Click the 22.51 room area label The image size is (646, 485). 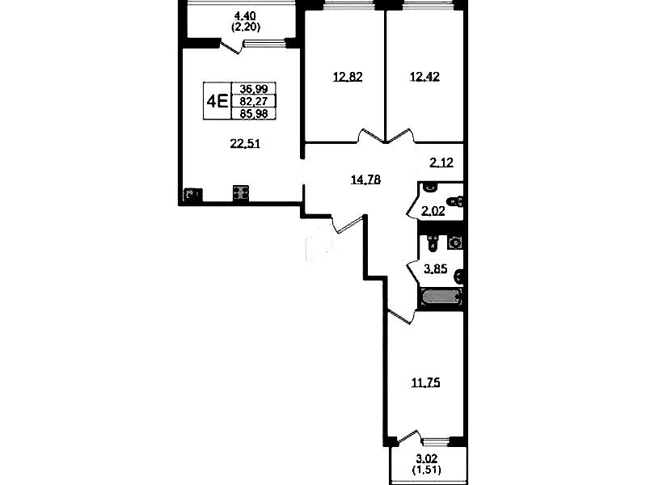click(x=245, y=144)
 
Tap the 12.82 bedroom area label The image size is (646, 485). click(x=348, y=77)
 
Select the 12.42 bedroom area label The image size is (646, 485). click(x=424, y=76)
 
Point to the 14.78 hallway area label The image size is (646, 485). click(x=365, y=179)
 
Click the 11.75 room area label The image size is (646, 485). click(x=425, y=383)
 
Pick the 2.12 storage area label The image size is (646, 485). click(x=441, y=162)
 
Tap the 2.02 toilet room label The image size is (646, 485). click(x=433, y=212)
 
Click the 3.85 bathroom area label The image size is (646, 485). click(x=436, y=269)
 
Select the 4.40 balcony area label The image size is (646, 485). click(x=245, y=16)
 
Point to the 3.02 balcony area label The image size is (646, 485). click(x=426, y=458)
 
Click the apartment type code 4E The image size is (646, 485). click(x=217, y=101)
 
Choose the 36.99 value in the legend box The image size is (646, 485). click(x=254, y=89)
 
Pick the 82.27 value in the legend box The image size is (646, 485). click(x=254, y=101)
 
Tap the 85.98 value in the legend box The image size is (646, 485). click(x=254, y=113)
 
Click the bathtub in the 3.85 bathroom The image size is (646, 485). click(x=441, y=297)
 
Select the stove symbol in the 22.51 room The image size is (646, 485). click(x=241, y=193)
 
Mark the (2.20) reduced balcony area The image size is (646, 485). click(x=245, y=27)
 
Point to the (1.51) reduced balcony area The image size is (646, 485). click(x=426, y=470)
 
